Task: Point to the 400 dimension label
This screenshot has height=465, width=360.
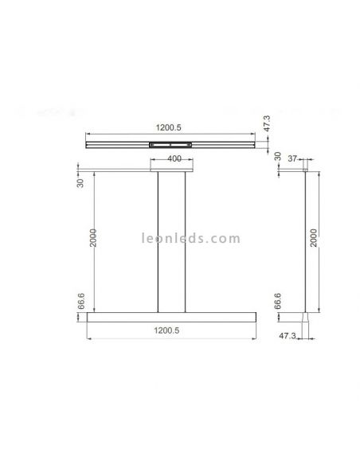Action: (x=174, y=159)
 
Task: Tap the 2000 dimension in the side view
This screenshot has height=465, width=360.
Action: (x=314, y=237)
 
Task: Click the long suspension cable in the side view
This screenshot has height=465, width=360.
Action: (x=306, y=239)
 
